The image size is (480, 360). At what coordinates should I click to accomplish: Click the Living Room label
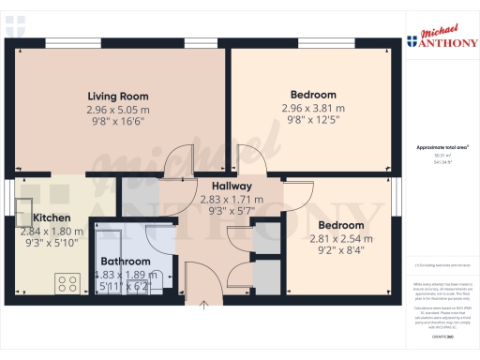[118, 96]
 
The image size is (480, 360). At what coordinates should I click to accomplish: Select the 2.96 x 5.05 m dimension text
[118, 109]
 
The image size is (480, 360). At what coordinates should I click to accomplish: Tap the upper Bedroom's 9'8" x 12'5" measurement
[313, 121]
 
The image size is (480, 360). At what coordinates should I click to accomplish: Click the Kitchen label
[39, 217]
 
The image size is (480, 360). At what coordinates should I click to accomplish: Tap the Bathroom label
[126, 261]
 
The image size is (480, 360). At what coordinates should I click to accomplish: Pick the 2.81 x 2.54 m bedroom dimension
[341, 238]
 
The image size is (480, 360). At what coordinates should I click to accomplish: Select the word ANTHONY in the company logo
[444, 40]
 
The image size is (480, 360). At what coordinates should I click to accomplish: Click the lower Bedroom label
[341, 225]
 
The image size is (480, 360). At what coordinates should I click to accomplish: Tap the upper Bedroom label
[313, 95]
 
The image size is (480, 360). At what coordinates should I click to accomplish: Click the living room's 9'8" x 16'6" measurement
[118, 122]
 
